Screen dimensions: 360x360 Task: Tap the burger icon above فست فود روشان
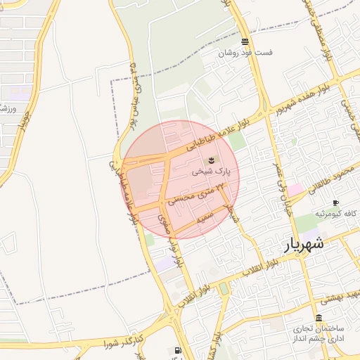[x=244, y=41]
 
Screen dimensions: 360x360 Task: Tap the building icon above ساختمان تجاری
[x=319, y=319]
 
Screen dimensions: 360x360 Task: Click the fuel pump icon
[x=176, y=349]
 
